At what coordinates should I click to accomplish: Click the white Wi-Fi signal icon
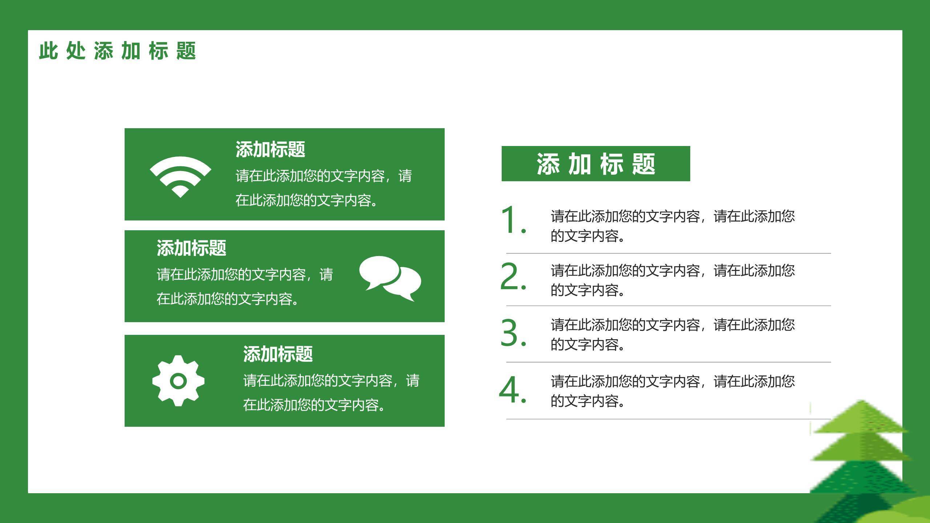pos(180,171)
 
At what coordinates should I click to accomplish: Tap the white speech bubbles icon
pos(390,278)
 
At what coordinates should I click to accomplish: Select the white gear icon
pos(178,381)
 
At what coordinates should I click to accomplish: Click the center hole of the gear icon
pos(178,381)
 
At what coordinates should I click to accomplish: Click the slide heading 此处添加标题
pos(118,50)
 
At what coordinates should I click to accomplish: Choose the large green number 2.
pos(513,276)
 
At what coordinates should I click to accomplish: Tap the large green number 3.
pos(513,332)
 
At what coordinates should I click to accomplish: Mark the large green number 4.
pos(513,389)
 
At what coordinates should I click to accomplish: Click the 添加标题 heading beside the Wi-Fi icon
pos(270,149)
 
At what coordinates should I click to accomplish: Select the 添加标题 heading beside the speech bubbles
pos(191,248)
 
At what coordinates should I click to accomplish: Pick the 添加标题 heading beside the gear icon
pos(278,354)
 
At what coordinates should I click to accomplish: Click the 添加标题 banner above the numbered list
pos(596,164)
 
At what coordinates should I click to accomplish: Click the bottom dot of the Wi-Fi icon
pos(180,191)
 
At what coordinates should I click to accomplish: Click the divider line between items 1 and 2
pos(668,253)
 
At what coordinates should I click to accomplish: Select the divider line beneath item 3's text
pos(668,362)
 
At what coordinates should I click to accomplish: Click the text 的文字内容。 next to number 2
pos(587,290)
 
